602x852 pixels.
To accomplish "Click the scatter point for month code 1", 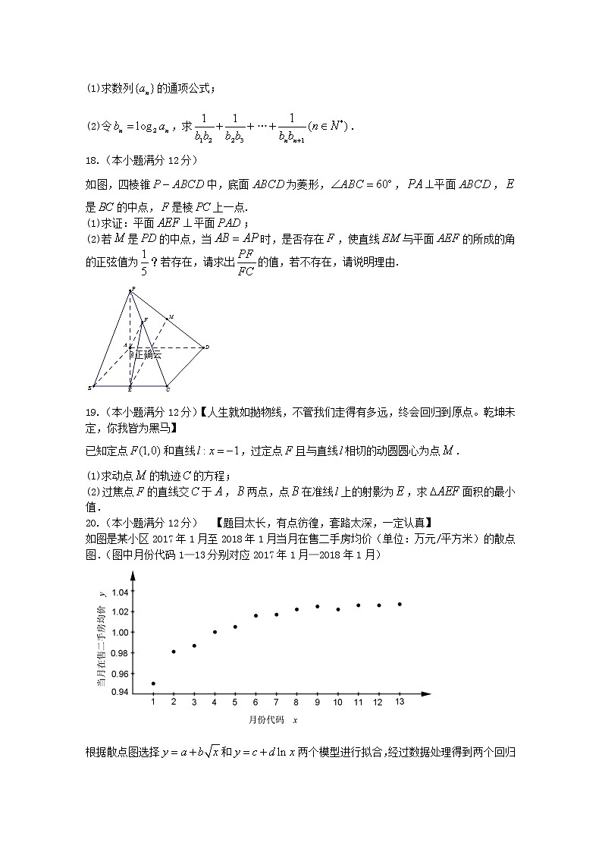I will [x=153, y=684].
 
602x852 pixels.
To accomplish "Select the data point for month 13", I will [x=400, y=605].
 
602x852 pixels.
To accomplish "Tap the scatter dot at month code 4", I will [x=215, y=632].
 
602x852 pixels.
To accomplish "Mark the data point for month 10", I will [x=338, y=609].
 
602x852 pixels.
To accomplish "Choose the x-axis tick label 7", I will [x=276, y=703].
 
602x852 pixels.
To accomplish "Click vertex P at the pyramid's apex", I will [x=132, y=289].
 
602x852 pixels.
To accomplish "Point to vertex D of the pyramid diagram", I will [x=206, y=348].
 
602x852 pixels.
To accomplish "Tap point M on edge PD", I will [x=170, y=316].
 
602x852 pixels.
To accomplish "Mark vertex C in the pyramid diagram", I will [x=168, y=388].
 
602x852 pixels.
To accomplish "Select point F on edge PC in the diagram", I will [x=145, y=321].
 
